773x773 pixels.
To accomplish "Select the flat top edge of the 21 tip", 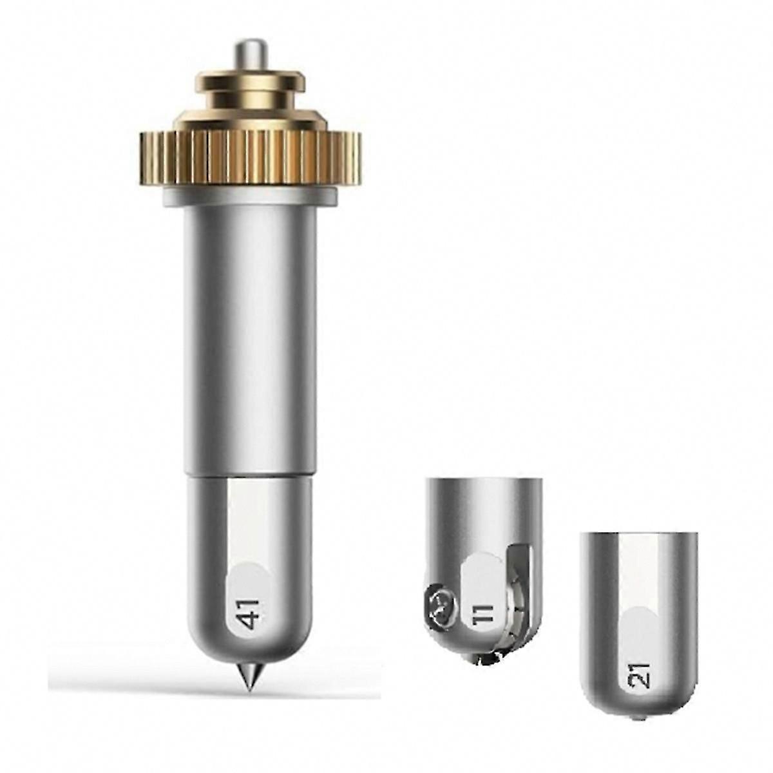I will pos(638,533).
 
